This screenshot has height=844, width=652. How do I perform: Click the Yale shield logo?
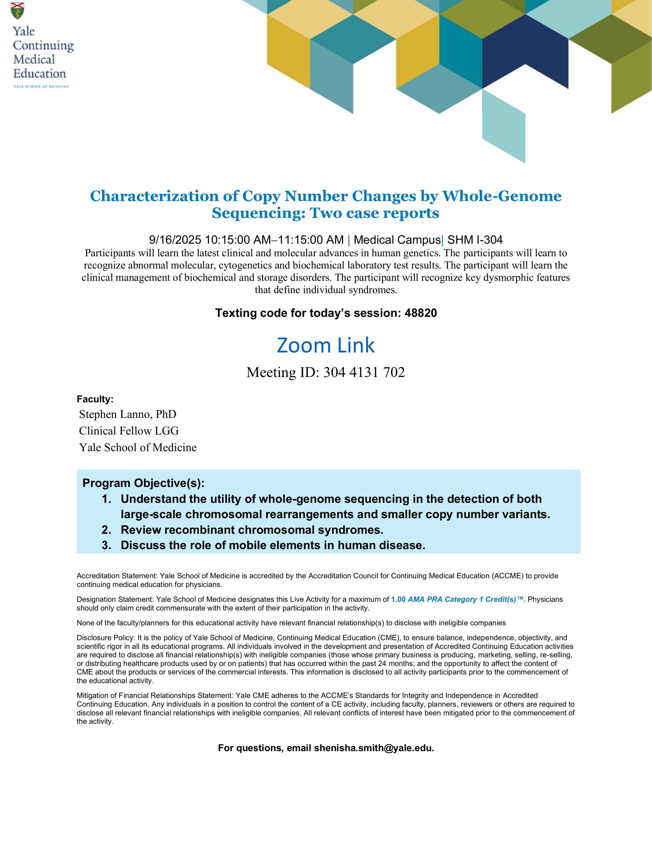coord(17,11)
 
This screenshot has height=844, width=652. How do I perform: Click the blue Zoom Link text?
coord(326,345)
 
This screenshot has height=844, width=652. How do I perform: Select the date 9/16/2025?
coord(175,240)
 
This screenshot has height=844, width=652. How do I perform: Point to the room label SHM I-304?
coord(475,240)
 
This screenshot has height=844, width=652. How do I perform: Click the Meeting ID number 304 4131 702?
coord(364,372)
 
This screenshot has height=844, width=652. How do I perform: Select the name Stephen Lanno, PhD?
coord(127,414)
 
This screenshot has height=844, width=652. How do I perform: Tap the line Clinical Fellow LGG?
coord(129,431)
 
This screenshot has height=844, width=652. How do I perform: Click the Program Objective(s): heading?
coord(143,483)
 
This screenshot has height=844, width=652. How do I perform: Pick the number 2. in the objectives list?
coord(106,530)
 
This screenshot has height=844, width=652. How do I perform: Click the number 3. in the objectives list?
coord(106,545)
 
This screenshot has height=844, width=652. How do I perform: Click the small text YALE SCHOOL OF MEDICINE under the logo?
coord(41,87)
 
